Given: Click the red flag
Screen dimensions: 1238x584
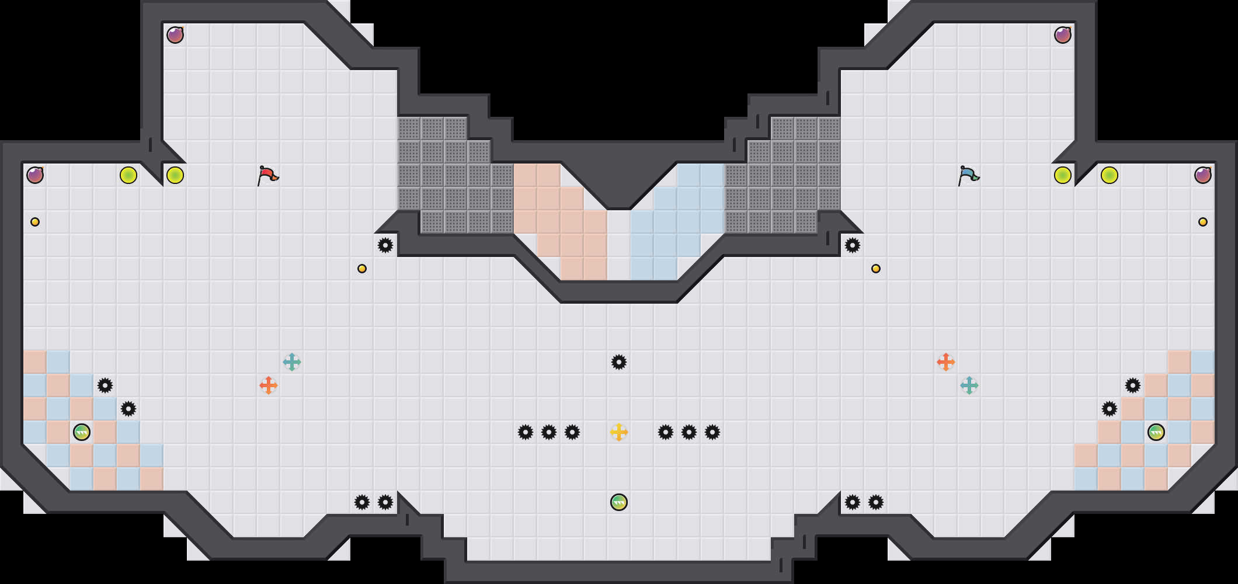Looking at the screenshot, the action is point(267,175).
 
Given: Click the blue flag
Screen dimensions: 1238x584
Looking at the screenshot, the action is point(968,175).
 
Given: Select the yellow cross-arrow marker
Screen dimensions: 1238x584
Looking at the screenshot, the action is point(619,432).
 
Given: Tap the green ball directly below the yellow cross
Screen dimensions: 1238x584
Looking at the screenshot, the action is point(619,502).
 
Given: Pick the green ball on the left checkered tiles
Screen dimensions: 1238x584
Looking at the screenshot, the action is point(82,432).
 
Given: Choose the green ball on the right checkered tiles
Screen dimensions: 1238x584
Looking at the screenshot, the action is point(1156,432).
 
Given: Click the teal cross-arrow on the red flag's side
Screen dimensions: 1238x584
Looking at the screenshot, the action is point(292,362).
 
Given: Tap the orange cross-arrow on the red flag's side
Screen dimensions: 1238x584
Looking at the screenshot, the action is point(269,385).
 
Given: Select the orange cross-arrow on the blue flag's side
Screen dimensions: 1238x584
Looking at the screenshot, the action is point(946,362).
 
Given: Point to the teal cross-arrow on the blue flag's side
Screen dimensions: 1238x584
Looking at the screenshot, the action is point(969,385).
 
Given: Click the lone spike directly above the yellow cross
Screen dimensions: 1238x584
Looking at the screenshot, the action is point(619,362).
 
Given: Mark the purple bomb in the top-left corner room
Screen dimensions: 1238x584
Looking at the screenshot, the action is point(175,35).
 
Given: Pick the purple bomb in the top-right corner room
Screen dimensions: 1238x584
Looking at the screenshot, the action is point(1063,35).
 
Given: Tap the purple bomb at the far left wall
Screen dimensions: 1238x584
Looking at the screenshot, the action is point(35,175).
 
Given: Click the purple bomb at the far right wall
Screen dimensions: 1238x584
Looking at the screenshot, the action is point(1203,175).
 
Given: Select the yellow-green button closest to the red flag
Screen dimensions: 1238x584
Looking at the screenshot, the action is point(175,175).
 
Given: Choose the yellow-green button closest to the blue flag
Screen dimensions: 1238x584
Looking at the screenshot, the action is point(1063,175).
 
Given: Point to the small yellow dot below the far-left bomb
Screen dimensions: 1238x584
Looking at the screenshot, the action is point(35,222).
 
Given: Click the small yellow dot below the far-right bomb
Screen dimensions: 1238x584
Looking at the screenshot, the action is point(1203,222).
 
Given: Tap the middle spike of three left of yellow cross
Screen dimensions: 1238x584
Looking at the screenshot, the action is point(549,432).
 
